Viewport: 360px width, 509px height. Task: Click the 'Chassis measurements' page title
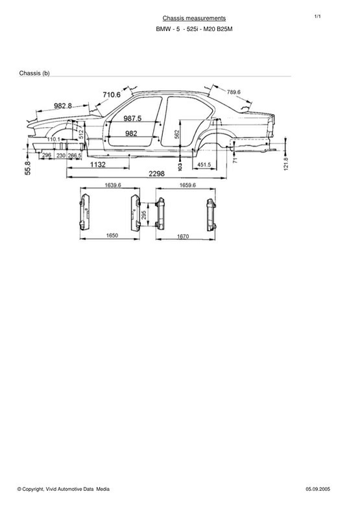point(194,18)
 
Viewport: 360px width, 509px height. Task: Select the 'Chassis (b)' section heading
point(34,73)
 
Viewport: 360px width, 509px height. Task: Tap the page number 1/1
point(317,16)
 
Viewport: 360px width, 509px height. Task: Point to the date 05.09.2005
point(318,489)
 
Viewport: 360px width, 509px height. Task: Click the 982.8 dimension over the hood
point(63,106)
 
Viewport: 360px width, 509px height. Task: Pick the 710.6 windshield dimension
point(112,95)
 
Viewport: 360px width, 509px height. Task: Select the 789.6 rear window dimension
point(234,92)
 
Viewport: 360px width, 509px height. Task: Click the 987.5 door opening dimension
point(132,119)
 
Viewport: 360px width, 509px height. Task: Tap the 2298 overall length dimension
point(157,174)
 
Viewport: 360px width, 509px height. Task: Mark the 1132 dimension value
point(98,165)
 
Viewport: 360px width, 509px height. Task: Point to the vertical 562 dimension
point(177,134)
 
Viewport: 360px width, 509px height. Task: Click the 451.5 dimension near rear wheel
point(204,165)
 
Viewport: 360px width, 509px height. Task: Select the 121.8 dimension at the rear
point(286,164)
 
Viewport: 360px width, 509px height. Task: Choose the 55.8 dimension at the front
point(28,169)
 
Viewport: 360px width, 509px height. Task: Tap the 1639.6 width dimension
point(113,185)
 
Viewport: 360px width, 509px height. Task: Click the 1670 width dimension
point(183,236)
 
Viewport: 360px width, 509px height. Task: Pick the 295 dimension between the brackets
point(144,215)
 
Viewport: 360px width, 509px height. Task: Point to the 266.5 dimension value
point(75,156)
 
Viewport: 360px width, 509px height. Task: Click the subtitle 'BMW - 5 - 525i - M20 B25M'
point(194,29)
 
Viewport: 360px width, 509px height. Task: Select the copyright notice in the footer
point(64,489)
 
